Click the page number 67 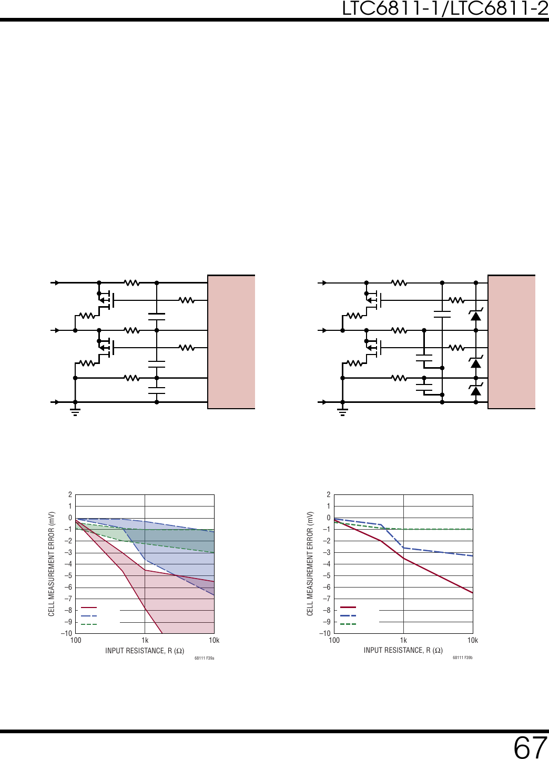(530, 747)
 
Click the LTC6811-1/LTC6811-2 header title (445, 8)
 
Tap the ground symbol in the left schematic (75, 410)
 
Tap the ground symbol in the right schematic (342, 410)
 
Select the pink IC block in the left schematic (231, 342)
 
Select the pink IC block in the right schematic (511, 342)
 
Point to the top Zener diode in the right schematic (476, 316)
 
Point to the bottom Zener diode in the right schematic (476, 390)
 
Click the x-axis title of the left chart (145, 651)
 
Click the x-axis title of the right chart (403, 651)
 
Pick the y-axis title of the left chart (52, 564)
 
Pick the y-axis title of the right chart (310, 564)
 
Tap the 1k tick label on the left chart (145, 641)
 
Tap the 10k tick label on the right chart (472, 641)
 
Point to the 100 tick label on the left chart (76, 641)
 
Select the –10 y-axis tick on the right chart (326, 633)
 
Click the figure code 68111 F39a (204, 658)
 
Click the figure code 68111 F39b (463, 657)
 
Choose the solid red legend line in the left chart (89, 608)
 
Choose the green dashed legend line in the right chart (348, 624)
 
